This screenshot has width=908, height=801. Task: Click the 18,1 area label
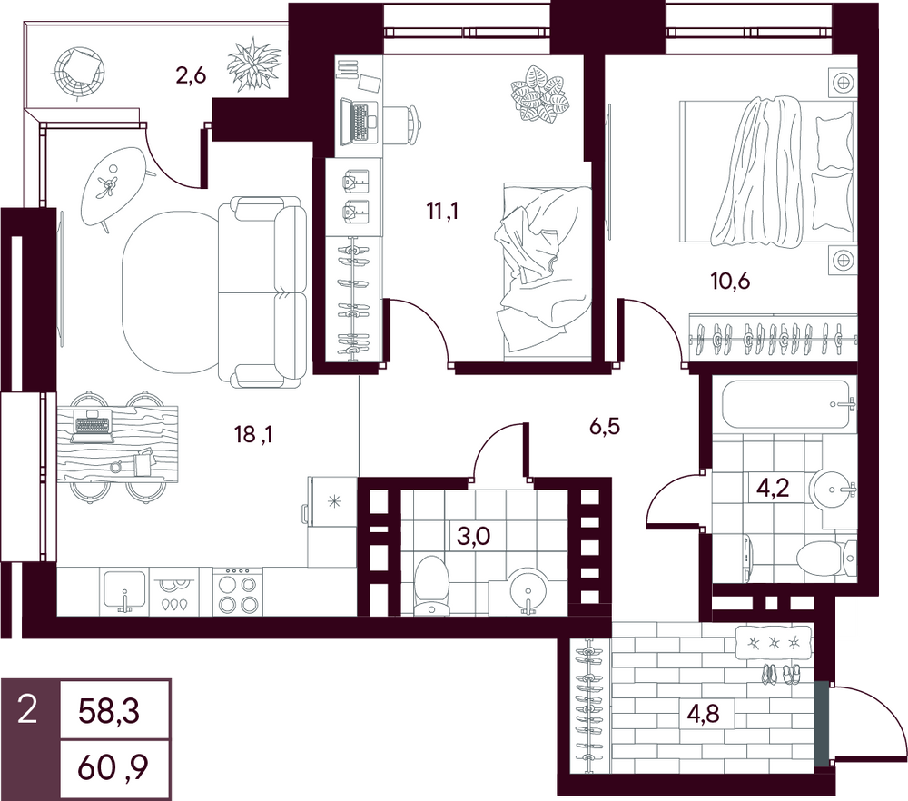(253, 434)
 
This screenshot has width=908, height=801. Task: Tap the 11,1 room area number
(442, 212)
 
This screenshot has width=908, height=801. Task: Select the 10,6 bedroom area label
(730, 281)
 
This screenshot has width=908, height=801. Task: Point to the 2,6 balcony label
(191, 75)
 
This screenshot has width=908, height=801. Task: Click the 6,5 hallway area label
(605, 427)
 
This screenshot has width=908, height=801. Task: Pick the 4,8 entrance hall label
(703, 712)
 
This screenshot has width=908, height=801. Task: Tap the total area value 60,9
(113, 767)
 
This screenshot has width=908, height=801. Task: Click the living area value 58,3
(109, 712)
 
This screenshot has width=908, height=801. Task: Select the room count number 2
(27, 710)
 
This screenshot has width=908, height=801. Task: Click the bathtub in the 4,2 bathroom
(789, 404)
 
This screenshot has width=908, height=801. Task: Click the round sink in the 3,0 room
(528, 591)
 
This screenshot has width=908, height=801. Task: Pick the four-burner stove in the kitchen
(237, 591)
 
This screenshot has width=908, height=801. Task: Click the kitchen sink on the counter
(124, 591)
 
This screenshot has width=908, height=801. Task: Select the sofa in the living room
(262, 292)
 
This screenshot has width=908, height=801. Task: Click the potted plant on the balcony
(254, 64)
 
